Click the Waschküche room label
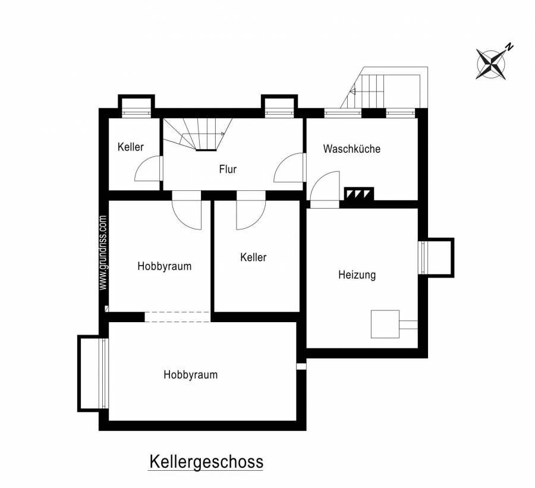tap(352, 149)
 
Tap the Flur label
tap(228, 169)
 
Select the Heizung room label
tap(357, 275)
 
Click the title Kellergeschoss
tap(206, 462)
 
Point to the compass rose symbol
tap(491, 64)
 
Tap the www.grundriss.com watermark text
tap(103, 253)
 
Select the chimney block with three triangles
tap(358, 194)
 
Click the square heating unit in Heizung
tap(385, 324)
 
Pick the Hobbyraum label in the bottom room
tap(190, 374)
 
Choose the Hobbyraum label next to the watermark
tap(165, 266)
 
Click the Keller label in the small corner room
tap(131, 147)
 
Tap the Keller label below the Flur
tap(253, 257)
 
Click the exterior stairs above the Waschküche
tap(385, 87)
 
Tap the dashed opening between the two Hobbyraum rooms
tap(177, 317)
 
